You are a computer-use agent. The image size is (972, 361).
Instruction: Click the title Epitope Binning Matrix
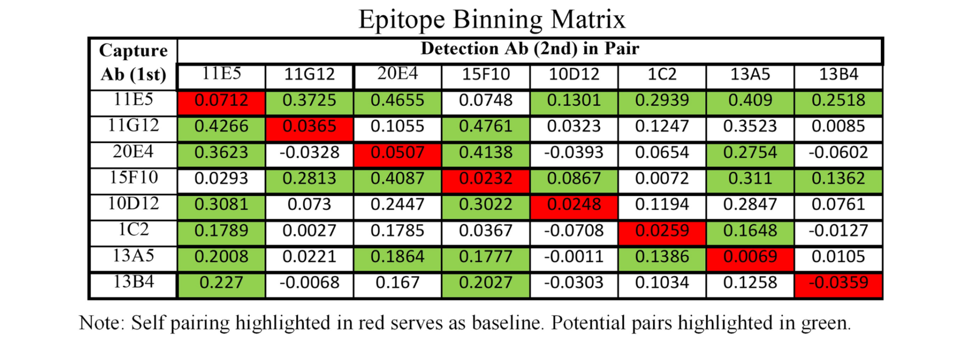[x=492, y=20]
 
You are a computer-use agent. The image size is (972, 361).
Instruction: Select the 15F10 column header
[x=485, y=75]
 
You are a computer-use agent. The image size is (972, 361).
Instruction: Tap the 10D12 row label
[x=133, y=204]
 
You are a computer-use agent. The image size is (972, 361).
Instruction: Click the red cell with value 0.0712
[x=221, y=100]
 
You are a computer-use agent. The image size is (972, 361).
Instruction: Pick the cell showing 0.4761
[x=485, y=126]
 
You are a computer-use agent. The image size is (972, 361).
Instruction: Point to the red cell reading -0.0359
[x=838, y=283]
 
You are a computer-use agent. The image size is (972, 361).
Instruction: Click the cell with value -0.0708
[x=574, y=231]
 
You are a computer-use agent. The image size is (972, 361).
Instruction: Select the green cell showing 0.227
[x=221, y=283]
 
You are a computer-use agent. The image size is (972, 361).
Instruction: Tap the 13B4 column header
[x=838, y=75]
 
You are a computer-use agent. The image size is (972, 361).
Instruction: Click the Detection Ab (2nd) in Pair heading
[x=530, y=49]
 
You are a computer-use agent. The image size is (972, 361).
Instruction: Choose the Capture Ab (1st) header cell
[x=133, y=62]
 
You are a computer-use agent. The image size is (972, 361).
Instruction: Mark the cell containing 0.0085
[x=838, y=126]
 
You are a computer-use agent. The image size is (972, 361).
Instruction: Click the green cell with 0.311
[x=750, y=178]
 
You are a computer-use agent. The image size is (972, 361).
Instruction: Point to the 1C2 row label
[x=133, y=230]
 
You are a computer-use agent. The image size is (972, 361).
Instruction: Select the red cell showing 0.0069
[x=750, y=257]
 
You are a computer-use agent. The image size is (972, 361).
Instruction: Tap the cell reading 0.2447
[x=397, y=204]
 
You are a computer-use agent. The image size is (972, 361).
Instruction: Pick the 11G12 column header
[x=309, y=75]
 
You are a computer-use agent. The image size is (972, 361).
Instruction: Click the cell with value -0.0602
[x=838, y=152]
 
